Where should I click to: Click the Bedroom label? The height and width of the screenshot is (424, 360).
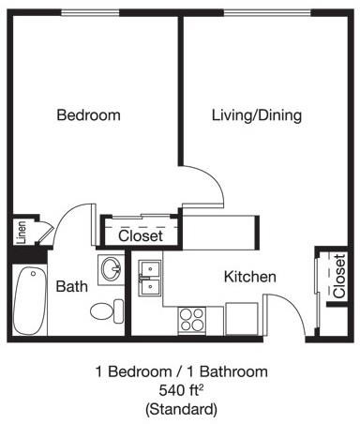click(89, 115)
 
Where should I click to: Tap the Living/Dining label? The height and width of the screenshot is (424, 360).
click(256, 115)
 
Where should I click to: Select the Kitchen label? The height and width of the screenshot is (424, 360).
click(249, 277)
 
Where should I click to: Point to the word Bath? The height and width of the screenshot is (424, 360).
click(72, 286)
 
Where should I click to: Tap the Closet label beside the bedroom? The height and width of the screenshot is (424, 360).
click(141, 236)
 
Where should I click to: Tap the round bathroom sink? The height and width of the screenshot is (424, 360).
click(111, 268)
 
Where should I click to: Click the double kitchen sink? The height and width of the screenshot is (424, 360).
click(150, 279)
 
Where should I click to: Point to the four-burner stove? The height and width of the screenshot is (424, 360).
click(192, 319)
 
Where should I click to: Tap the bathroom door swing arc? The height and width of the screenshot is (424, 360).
click(70, 225)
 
